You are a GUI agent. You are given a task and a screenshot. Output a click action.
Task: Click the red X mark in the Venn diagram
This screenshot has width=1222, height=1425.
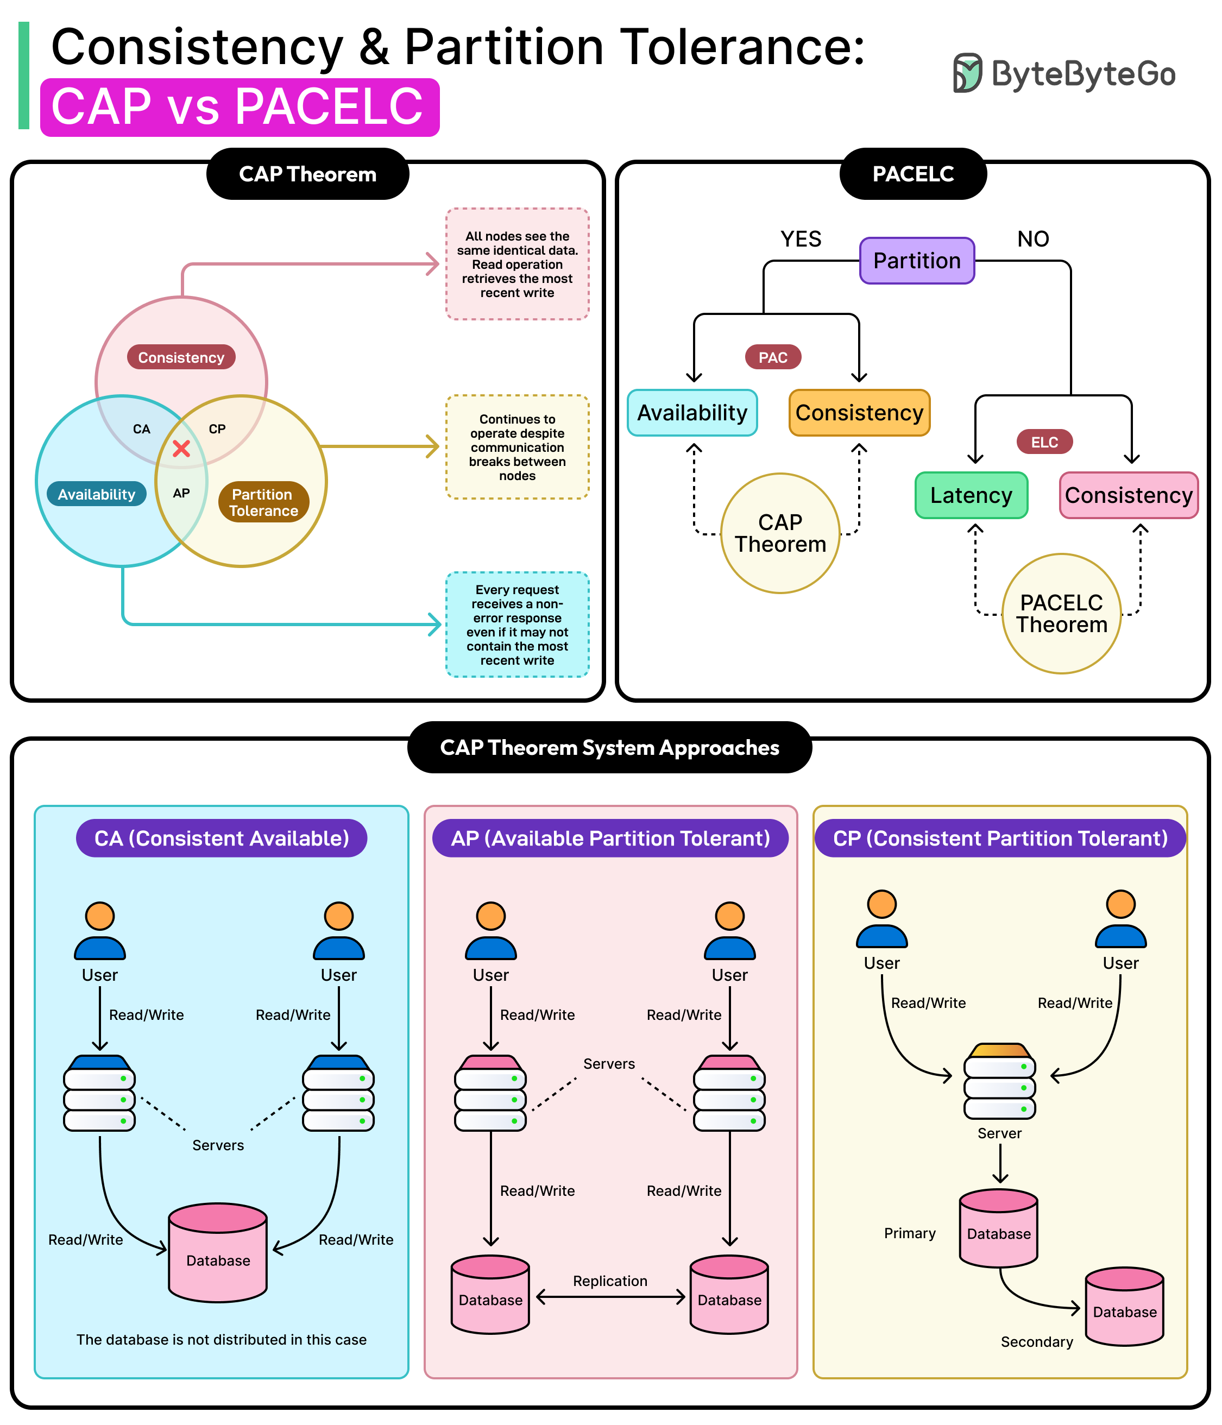point(181,449)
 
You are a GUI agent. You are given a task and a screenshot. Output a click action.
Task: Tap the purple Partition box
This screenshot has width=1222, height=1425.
point(917,261)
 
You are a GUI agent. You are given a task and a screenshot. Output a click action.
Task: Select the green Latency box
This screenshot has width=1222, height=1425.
point(971,495)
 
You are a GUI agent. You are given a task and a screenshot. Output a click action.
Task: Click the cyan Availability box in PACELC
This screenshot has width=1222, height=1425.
point(692,413)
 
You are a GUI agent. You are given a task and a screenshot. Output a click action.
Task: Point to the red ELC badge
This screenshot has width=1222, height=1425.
point(1044,442)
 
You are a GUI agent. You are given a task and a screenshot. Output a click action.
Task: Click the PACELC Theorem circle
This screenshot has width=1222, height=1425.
point(1061,614)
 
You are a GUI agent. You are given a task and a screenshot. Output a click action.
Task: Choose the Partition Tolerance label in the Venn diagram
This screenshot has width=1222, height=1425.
point(263,502)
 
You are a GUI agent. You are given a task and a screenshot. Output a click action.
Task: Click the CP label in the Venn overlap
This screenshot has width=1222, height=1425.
point(217,429)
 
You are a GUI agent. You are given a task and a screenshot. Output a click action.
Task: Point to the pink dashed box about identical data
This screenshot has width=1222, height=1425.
point(517,264)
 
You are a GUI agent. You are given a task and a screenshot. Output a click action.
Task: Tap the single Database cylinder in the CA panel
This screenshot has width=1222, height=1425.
point(218,1253)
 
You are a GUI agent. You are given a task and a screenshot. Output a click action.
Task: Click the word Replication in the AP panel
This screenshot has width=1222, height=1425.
point(610,1281)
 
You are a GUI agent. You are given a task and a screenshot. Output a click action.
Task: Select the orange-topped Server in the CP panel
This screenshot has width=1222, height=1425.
point(999,1081)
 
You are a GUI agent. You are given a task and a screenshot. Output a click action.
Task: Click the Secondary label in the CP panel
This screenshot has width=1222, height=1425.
point(1036,1342)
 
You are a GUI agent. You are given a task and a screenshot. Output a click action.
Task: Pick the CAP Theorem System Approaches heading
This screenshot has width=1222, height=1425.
point(609,748)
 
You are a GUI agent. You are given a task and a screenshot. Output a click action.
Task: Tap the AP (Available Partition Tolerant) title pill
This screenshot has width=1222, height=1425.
point(610,838)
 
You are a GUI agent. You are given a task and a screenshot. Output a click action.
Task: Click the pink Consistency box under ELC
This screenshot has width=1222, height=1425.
point(1128,495)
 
